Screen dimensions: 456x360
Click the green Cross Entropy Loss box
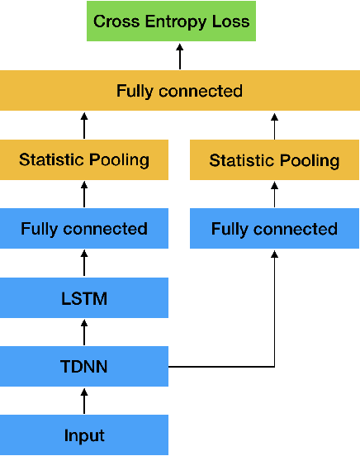point(172,21)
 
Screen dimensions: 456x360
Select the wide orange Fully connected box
point(179,90)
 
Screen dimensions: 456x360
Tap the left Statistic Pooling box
point(84,159)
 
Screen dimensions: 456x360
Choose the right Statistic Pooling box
point(274,159)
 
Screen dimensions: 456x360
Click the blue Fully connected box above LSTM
point(84,229)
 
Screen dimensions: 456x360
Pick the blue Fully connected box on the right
point(274,229)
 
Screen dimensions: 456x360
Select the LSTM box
point(84,298)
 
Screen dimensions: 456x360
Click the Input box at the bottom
point(84,435)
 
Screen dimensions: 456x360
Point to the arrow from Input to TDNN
point(84,401)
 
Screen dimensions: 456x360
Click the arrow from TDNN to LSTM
point(84,332)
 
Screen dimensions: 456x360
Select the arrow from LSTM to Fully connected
point(84,263)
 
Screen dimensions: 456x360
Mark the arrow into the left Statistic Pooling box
point(84,194)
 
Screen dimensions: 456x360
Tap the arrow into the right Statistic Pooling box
point(274,194)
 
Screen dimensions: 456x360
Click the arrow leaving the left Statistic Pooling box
point(84,125)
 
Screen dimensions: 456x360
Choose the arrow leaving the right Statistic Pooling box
point(274,125)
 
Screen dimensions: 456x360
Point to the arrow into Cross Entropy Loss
point(179,55)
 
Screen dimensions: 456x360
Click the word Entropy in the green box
point(176,21)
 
